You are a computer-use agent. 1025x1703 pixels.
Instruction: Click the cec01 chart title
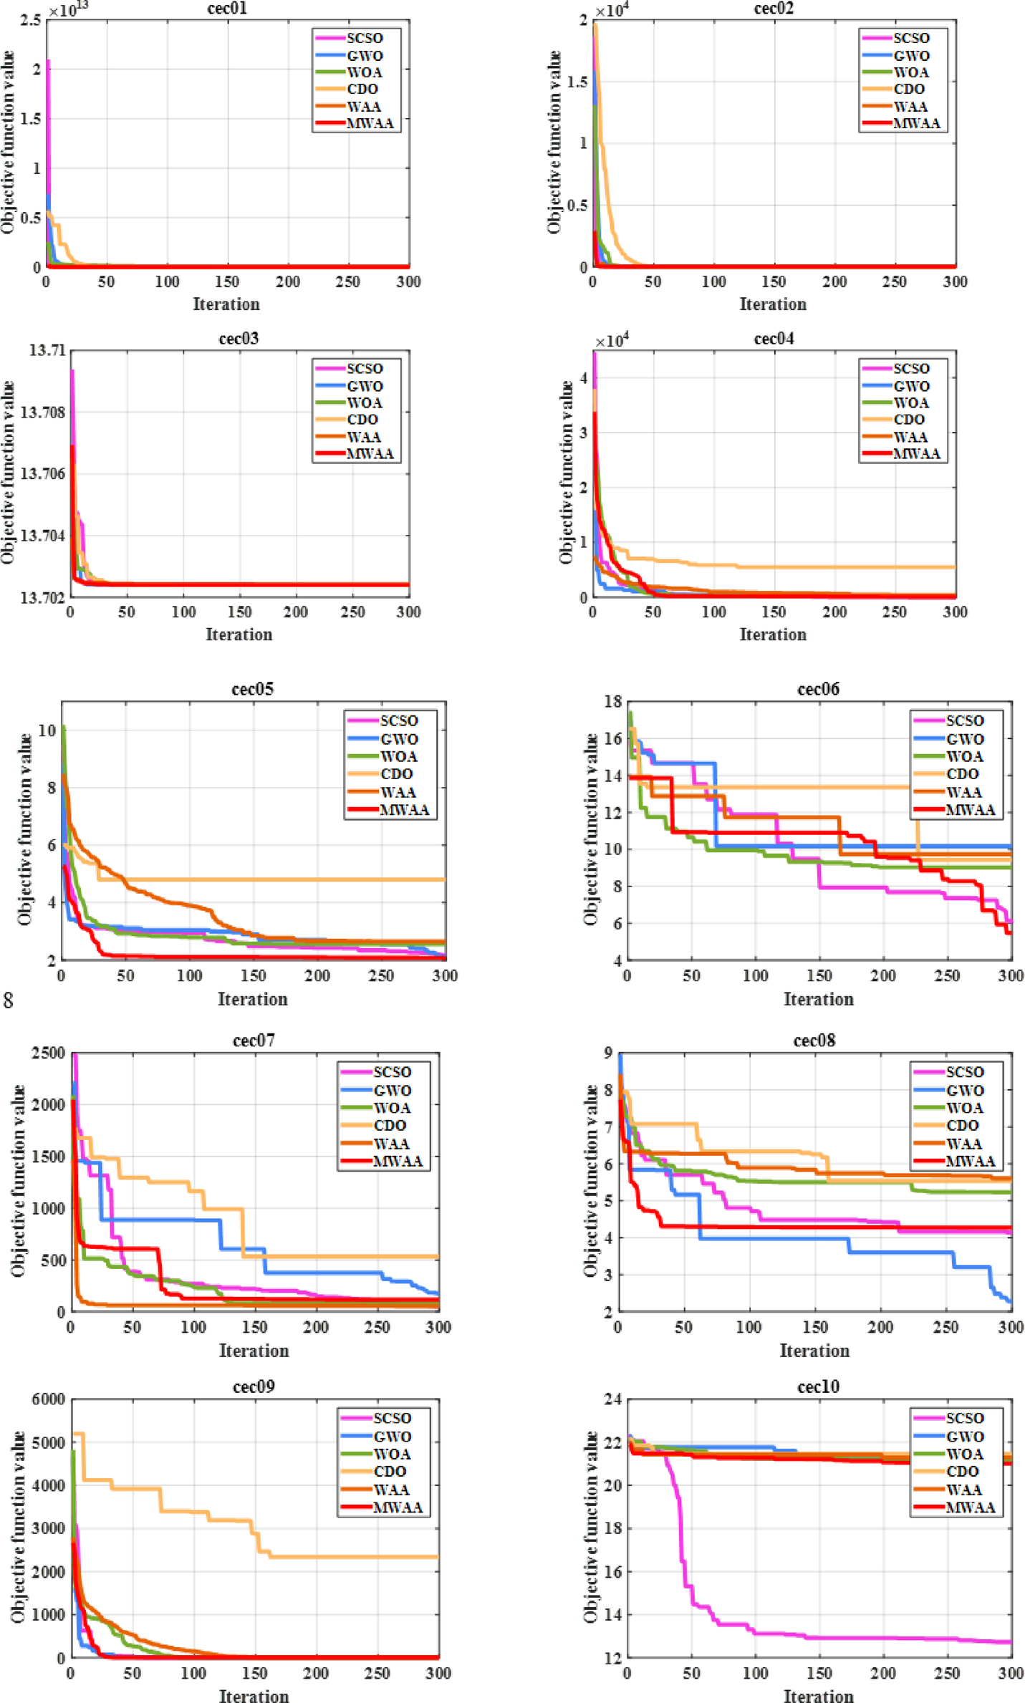(226, 9)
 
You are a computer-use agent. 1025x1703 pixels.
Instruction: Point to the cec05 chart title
(252, 689)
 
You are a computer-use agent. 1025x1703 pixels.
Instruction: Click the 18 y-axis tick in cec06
(612, 702)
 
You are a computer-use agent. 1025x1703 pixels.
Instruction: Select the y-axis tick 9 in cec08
(608, 1053)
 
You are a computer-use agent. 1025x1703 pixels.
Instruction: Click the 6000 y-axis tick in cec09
(48, 1399)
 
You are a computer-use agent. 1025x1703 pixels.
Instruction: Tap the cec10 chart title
(818, 1386)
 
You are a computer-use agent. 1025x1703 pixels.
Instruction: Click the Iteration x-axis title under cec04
(773, 635)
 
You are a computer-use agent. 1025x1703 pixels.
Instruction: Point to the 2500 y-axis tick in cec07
(48, 1053)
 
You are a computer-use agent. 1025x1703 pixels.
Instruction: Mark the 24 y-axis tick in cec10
(612, 1399)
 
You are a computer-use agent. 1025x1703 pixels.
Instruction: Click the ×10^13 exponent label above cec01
(69, 11)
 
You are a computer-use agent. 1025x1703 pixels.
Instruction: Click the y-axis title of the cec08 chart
(590, 1182)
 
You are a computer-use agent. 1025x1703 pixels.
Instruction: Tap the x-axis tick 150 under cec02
(774, 282)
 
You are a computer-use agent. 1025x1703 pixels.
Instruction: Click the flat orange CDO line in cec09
(358, 1557)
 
